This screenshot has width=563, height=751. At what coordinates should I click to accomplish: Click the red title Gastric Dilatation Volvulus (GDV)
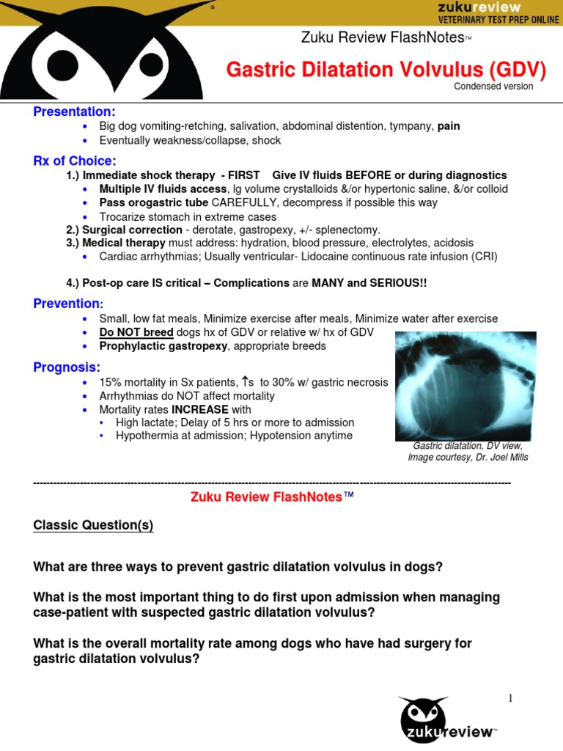tap(386, 70)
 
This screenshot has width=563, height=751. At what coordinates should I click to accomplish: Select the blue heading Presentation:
tap(74, 111)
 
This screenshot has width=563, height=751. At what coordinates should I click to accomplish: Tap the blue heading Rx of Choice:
tap(74, 161)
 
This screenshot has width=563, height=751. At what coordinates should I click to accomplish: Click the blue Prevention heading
tap(68, 304)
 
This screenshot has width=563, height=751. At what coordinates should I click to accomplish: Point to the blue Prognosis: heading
tap(67, 367)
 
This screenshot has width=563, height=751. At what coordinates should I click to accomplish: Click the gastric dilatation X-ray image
tap(465, 386)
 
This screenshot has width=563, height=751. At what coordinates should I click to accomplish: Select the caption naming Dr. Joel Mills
tap(468, 458)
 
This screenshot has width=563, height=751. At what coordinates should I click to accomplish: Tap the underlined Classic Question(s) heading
tap(94, 527)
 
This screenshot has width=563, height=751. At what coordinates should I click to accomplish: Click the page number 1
tap(511, 698)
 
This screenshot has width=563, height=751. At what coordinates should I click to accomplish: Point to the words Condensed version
tap(493, 87)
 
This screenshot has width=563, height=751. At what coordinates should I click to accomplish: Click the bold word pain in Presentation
tap(449, 126)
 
